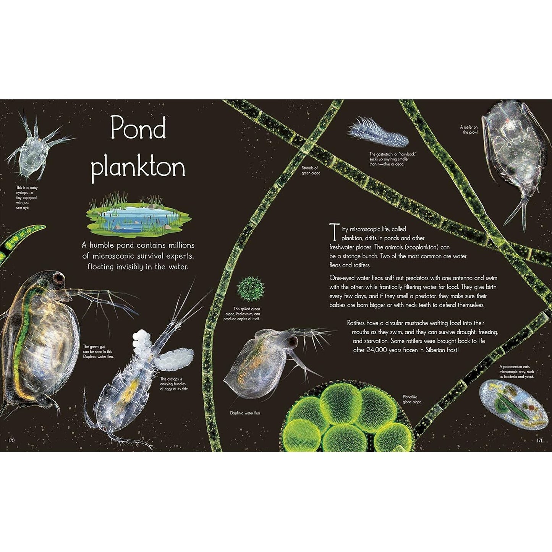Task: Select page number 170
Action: point(11,440)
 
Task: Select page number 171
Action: point(539,440)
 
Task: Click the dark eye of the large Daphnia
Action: point(58,278)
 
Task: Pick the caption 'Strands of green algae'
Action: point(311,170)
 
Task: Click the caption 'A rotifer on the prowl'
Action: point(469,129)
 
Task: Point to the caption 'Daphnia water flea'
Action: point(245,413)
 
